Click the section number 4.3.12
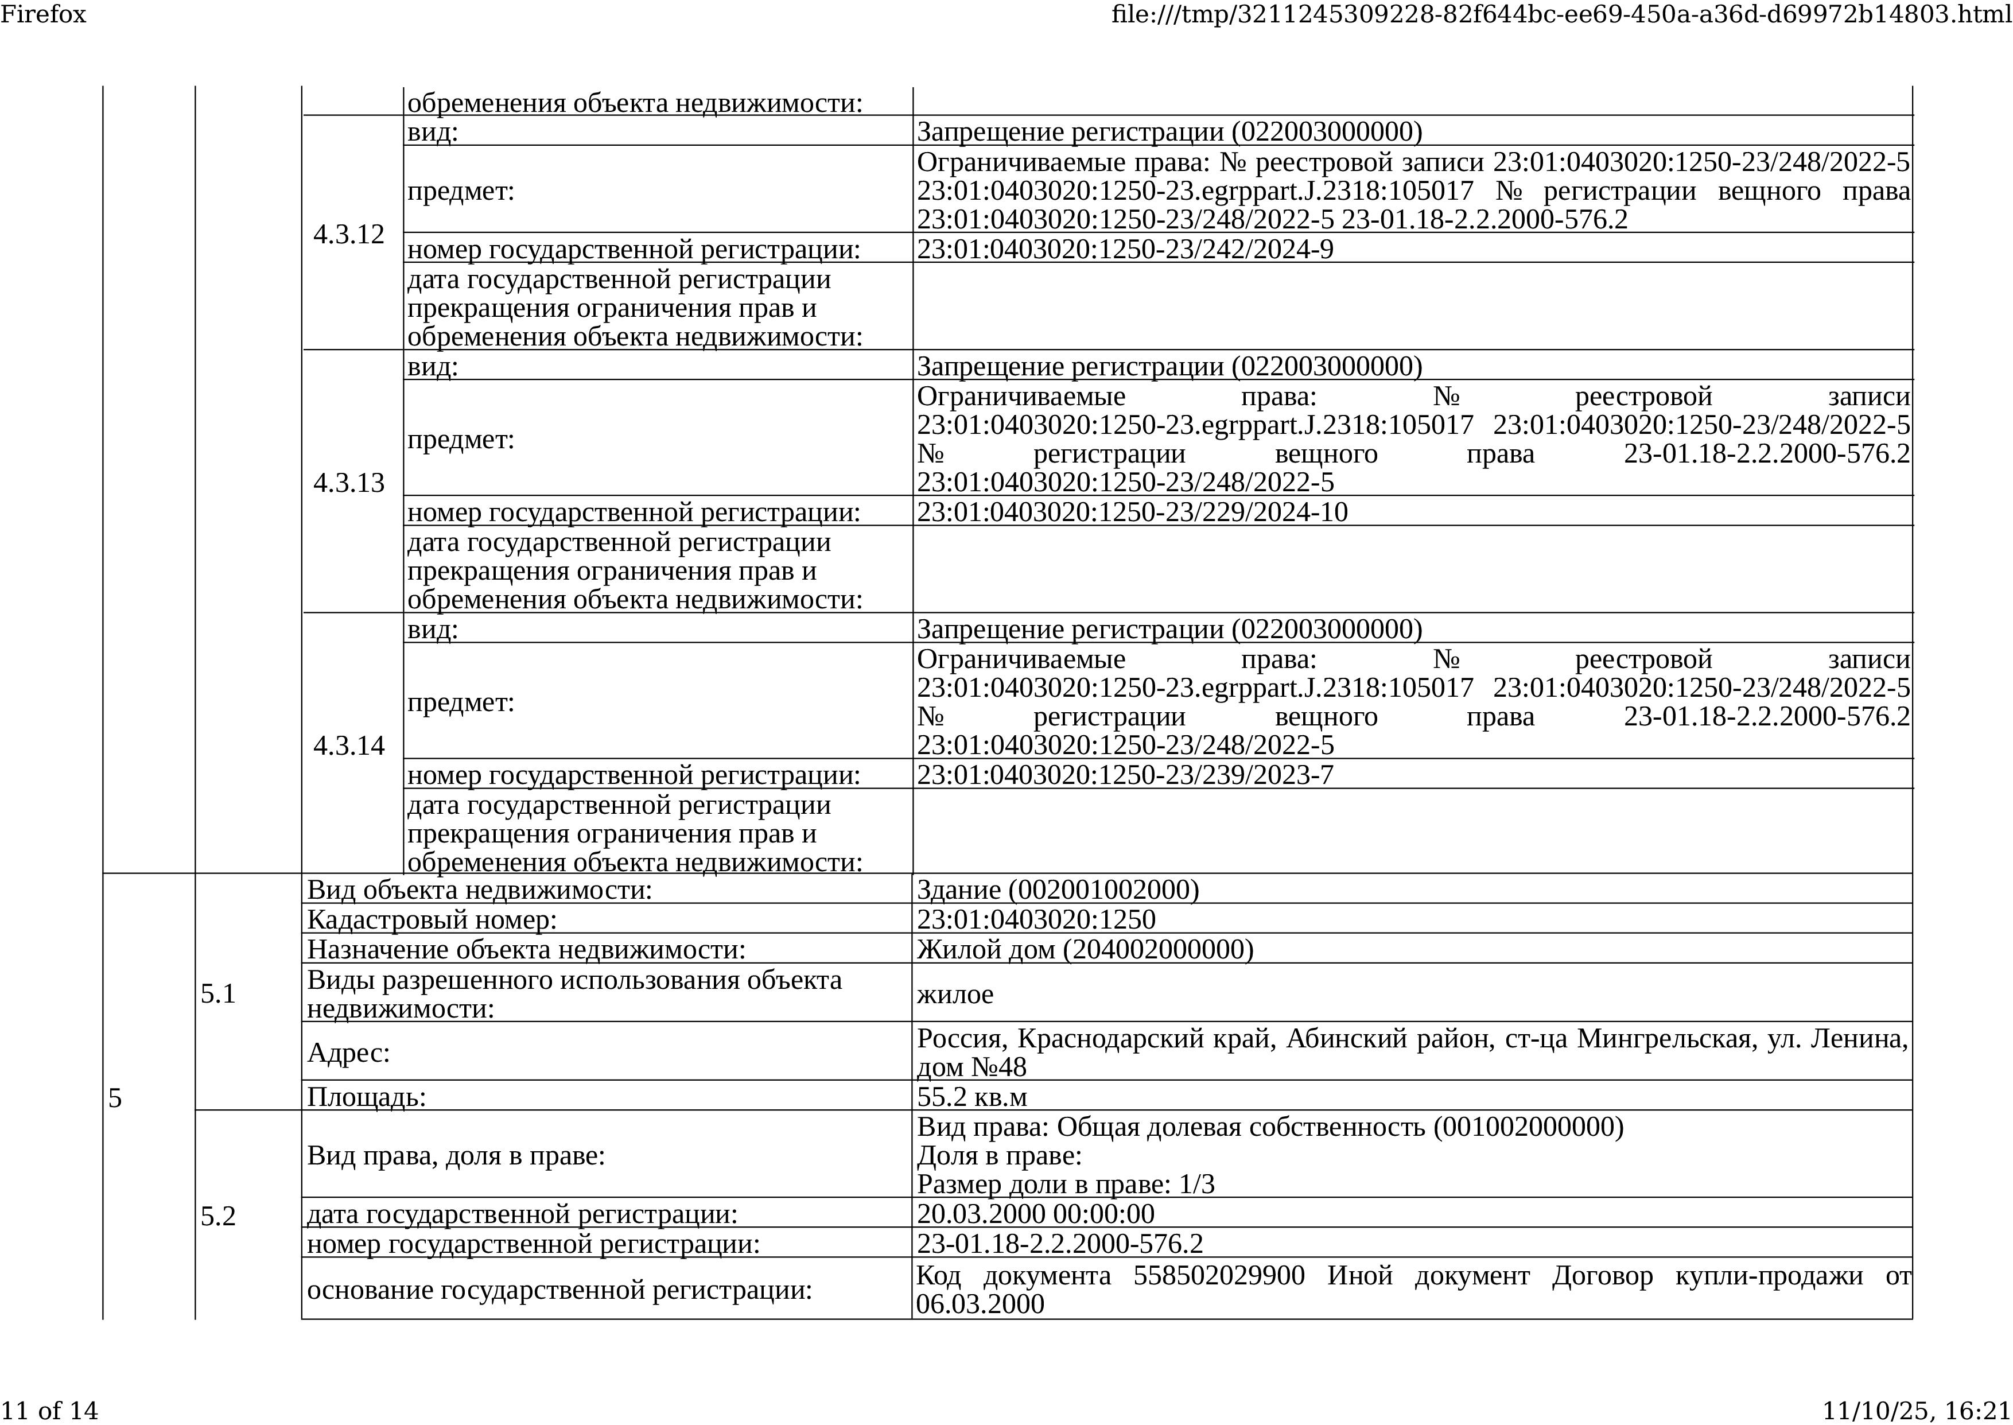[348, 234]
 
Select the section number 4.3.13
[348, 483]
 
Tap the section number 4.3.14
[348, 745]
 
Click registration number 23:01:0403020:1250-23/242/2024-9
[1125, 249]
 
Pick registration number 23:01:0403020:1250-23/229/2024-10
[1132, 511]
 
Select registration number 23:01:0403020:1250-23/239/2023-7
[1125, 775]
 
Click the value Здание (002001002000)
[1057, 890]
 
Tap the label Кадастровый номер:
[432, 919]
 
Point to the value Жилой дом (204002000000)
[1085, 949]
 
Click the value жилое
[955, 994]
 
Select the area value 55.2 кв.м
[972, 1097]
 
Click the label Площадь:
[366, 1097]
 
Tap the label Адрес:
[348, 1052]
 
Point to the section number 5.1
[219, 993]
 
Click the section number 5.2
[219, 1216]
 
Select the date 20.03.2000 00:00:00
[1035, 1214]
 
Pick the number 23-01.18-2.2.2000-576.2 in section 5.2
[1059, 1244]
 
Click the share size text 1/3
[1197, 1185]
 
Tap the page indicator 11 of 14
[49, 1410]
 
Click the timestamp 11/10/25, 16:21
[1917, 1410]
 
